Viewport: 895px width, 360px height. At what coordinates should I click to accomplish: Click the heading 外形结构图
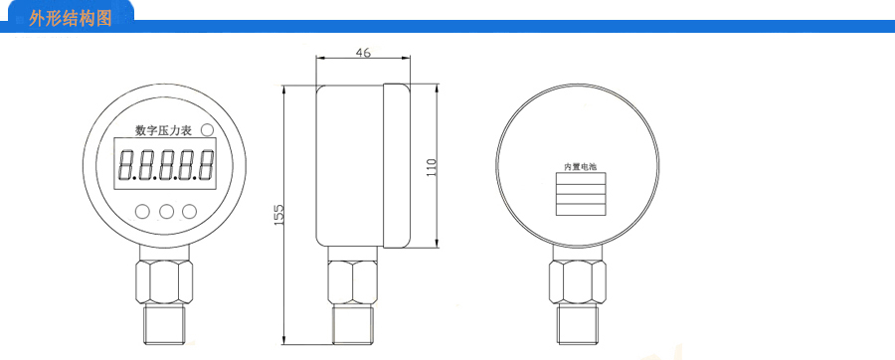coord(71,19)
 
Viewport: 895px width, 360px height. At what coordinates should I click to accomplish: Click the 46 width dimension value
coord(363,52)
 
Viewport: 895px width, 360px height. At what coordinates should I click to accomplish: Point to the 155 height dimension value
coord(278,215)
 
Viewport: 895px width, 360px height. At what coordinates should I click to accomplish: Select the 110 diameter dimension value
coord(432,167)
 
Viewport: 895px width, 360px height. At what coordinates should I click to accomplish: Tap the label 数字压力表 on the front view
coord(163,130)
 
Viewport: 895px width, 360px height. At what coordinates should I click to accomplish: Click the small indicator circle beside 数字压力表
coord(207,130)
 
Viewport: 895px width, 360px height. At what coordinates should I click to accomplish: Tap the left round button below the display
coord(142,212)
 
